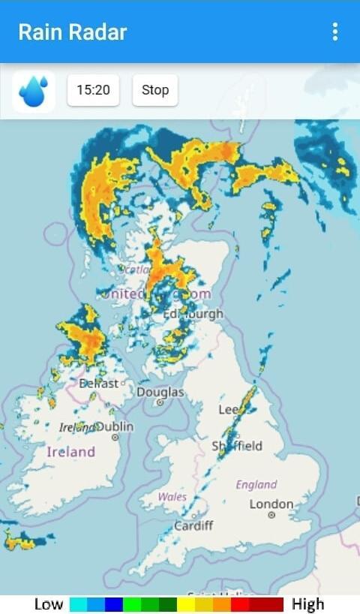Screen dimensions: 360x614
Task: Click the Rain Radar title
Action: tap(73, 32)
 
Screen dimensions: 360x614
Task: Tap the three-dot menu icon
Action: tap(334, 32)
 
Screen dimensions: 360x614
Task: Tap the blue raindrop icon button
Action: tap(34, 91)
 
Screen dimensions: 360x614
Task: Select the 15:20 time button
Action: tap(93, 90)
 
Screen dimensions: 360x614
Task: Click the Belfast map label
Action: tap(98, 383)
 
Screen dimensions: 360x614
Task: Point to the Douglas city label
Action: tap(160, 392)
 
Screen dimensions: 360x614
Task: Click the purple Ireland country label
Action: tap(71, 452)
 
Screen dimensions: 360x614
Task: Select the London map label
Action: tap(271, 504)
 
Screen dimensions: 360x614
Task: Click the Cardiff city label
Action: tap(193, 525)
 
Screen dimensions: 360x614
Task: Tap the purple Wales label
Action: tap(172, 497)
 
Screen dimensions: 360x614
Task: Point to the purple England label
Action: tap(256, 484)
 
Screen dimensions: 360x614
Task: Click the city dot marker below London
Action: tap(271, 515)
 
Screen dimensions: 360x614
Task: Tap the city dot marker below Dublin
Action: tap(115, 437)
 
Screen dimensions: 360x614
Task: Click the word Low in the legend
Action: tap(49, 604)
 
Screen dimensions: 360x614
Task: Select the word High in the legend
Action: tap(307, 604)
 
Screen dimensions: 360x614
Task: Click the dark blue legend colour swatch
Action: tap(114, 604)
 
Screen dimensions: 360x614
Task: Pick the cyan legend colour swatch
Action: tap(78, 604)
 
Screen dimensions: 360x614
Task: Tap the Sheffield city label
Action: tap(238, 446)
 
